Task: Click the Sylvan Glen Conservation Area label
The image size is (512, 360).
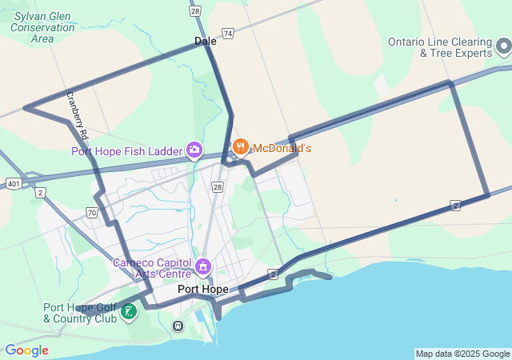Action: coord(42,26)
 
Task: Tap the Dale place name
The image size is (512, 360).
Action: coord(205,40)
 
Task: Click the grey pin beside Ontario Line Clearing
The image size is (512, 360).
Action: coord(503,47)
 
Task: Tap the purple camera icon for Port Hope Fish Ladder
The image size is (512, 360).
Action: coord(194,149)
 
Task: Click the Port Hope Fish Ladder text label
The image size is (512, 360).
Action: coord(126,150)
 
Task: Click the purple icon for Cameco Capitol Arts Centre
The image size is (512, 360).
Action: coord(203,266)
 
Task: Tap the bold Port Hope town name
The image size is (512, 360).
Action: coord(202,289)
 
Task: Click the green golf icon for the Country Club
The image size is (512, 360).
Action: coord(128,312)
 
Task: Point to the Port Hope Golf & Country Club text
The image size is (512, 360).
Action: coord(79,313)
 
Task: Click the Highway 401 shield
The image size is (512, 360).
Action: coord(14,184)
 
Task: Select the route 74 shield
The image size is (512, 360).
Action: coord(229,34)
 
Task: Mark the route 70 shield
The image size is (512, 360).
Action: coord(93,213)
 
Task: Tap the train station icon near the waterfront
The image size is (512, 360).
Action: coord(178,326)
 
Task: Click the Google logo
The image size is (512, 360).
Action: coord(26,350)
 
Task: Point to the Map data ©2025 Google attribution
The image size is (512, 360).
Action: coord(462,354)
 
